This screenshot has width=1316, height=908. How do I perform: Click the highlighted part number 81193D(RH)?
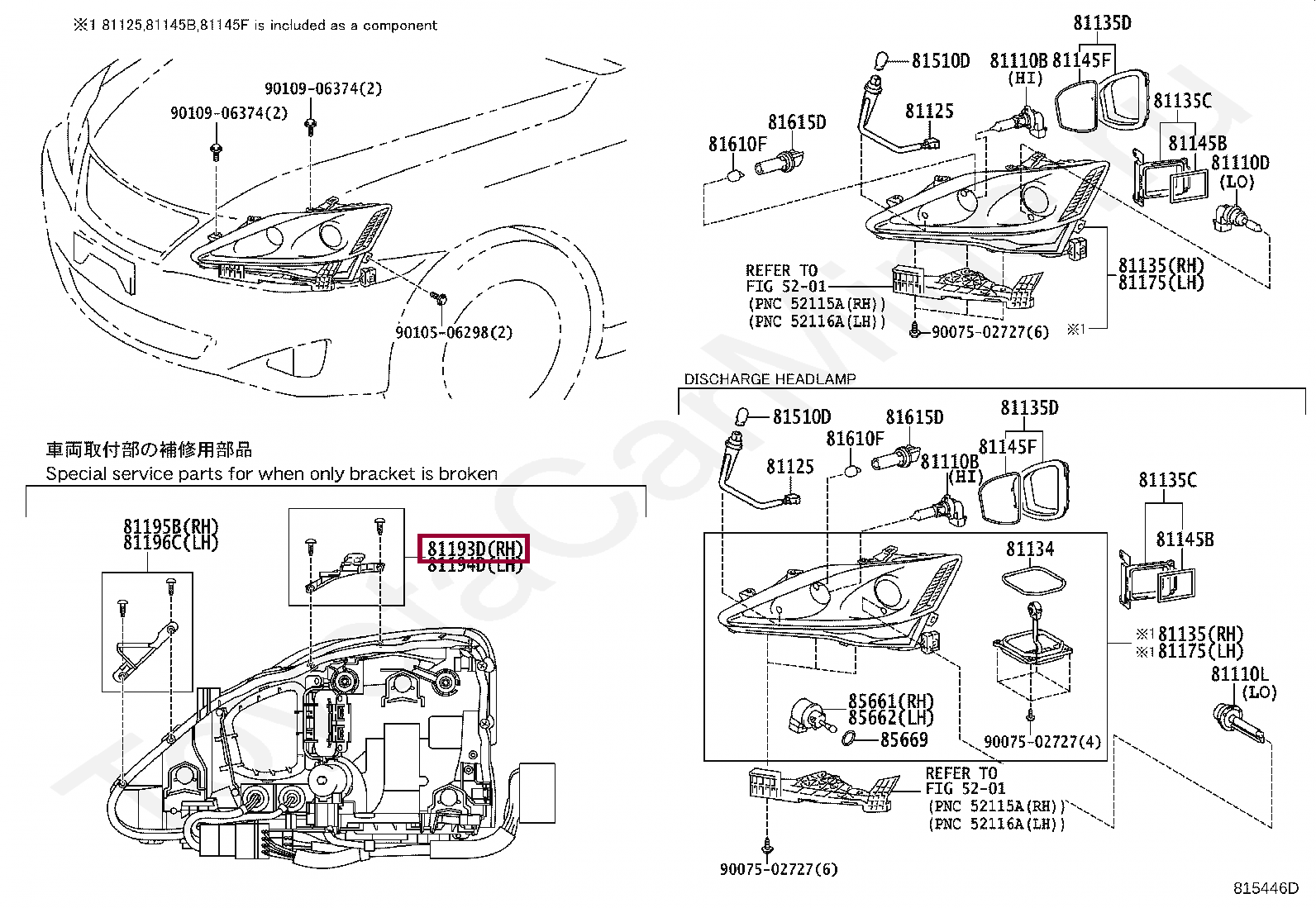[475, 549]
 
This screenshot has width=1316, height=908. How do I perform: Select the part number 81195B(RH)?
[171, 526]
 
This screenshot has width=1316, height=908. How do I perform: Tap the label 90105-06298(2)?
[454, 332]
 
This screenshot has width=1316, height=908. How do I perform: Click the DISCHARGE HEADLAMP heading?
[770, 379]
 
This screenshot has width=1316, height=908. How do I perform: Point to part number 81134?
[1029, 549]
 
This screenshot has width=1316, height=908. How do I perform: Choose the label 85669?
[904, 739]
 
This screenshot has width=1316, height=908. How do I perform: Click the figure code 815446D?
[1266, 888]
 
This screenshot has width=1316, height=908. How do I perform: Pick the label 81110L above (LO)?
[1239, 674]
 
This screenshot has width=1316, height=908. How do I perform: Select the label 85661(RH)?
[890, 701]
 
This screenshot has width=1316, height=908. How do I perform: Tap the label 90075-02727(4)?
[1042, 742]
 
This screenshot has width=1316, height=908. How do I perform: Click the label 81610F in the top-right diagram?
[737, 145]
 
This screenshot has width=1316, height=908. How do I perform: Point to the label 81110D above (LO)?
[1240, 163]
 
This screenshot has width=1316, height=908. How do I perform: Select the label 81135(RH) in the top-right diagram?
[1161, 265]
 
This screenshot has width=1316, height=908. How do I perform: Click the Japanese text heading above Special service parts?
[149, 449]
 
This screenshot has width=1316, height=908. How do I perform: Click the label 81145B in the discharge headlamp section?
[1184, 540]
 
